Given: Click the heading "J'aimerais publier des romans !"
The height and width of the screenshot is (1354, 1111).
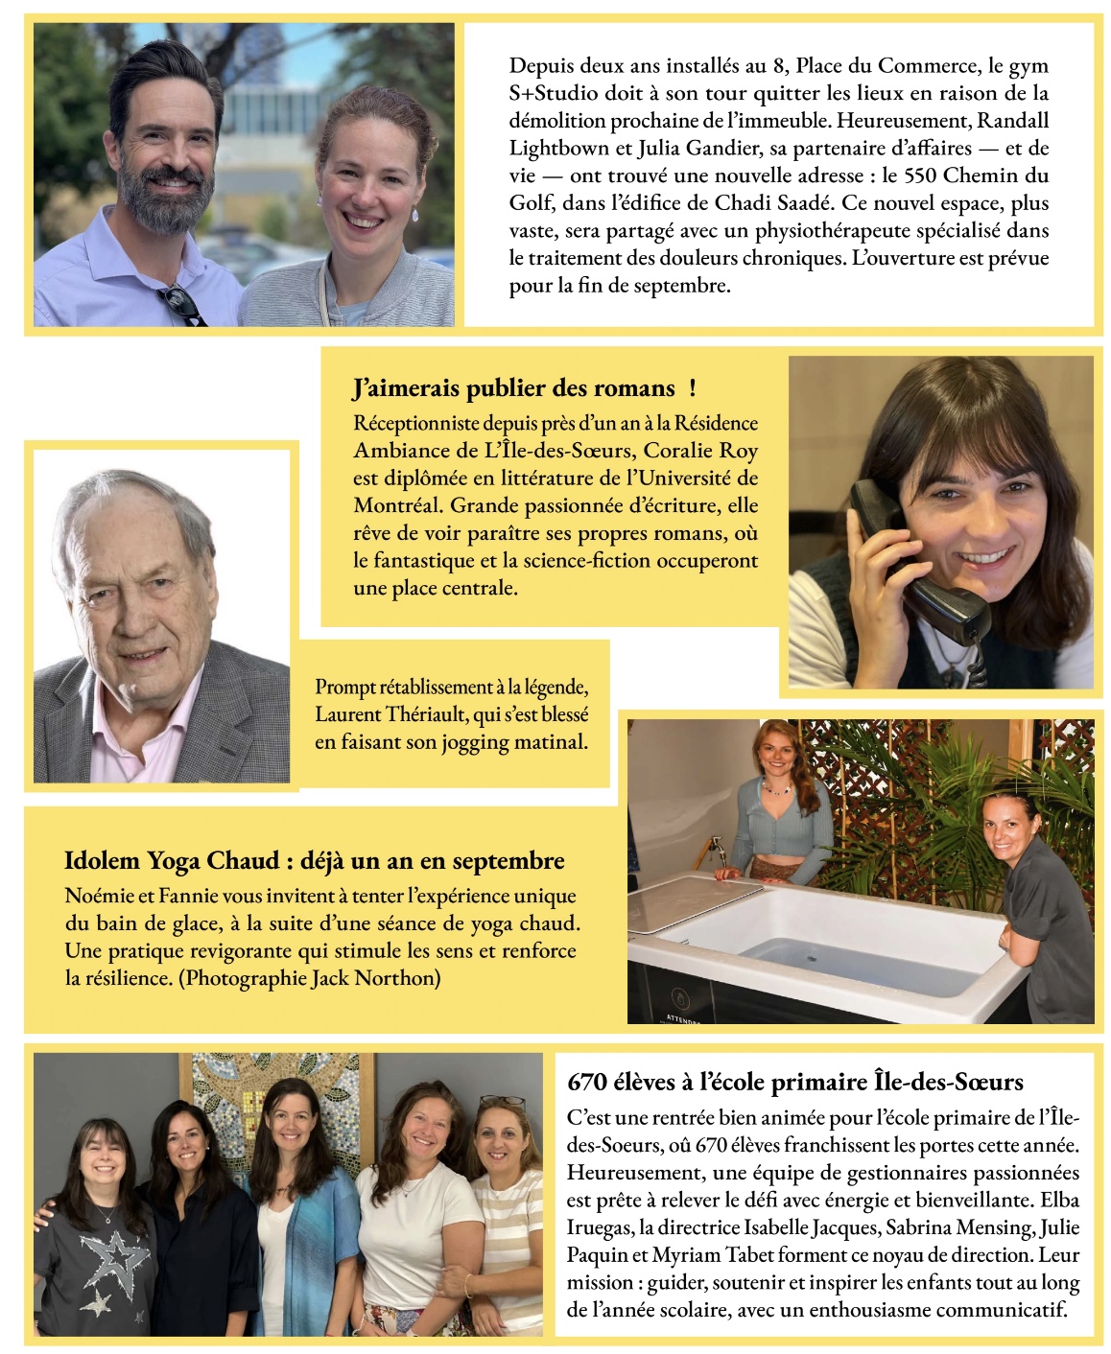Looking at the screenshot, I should (x=524, y=388).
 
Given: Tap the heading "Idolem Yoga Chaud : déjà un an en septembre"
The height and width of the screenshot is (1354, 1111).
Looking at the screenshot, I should (x=314, y=860).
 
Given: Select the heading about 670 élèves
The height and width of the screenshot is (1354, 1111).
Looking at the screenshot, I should (x=794, y=1082).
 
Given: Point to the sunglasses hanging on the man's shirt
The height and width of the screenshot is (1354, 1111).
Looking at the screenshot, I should (x=182, y=305).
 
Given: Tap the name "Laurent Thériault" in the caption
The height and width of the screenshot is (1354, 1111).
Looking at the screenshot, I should (x=385, y=714).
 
